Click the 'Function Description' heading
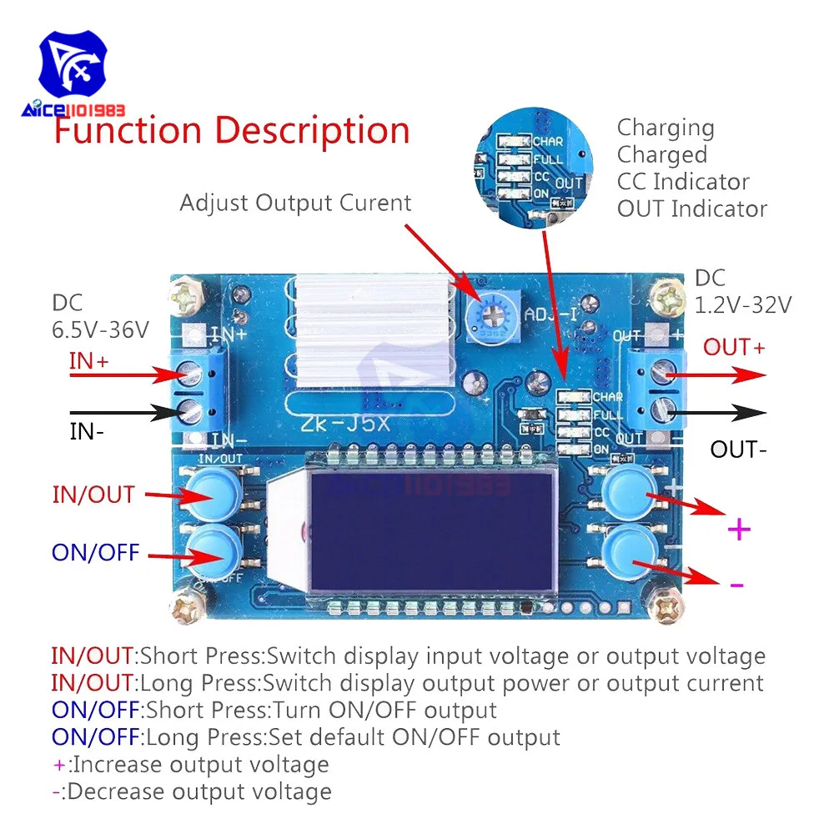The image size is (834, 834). pos(232,132)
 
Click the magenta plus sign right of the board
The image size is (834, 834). pos(739,529)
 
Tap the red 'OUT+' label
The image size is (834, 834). pos(734,347)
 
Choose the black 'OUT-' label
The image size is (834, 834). pos(738,450)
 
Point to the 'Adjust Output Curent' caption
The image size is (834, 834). pos(296,203)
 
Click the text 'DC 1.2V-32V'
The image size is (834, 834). pos(742,292)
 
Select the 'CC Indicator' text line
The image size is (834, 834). pos(683,182)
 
